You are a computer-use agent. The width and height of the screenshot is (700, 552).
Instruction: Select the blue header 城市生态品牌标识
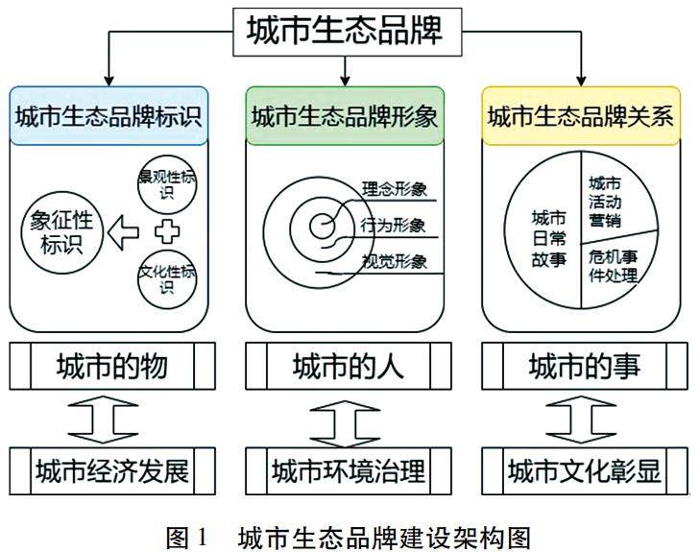tap(109, 116)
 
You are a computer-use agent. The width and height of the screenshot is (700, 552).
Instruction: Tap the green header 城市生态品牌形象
tap(345, 116)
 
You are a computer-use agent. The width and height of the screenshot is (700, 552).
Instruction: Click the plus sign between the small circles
tap(167, 231)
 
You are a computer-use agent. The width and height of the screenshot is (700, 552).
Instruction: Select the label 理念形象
tap(394, 188)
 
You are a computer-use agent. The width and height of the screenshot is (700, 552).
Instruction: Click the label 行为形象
tap(394, 226)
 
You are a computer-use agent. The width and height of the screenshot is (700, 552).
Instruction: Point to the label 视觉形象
tap(394, 261)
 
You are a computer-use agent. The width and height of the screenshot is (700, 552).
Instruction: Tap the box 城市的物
tap(111, 366)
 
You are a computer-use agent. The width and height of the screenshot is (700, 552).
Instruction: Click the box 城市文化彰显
tap(583, 471)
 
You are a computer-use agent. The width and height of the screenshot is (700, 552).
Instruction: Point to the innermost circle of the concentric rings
tap(322, 227)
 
